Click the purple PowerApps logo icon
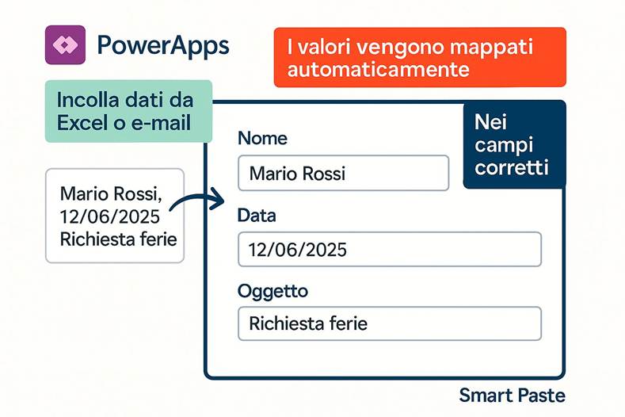pos(65,44)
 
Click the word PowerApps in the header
pos(162,45)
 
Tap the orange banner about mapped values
pos(419,57)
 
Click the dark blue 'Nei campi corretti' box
pos(514,145)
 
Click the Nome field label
pos(262,138)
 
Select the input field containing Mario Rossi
pos(343,173)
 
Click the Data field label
pos(257,215)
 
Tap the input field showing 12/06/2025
pos(389,249)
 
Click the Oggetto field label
pos(272,291)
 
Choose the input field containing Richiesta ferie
pos(389,323)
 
